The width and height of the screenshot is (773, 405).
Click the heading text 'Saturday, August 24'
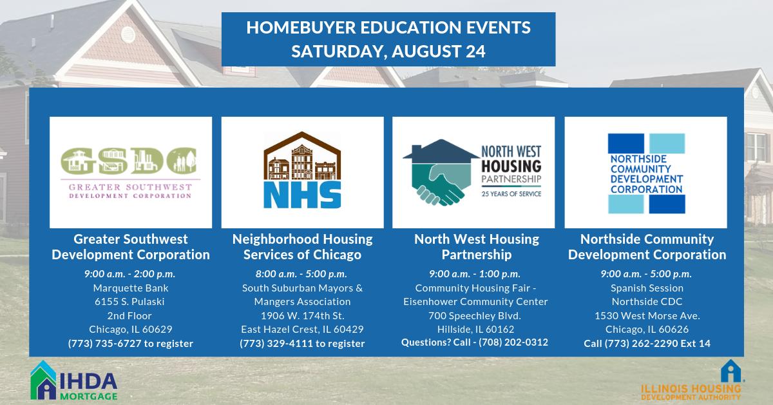[x=388, y=51]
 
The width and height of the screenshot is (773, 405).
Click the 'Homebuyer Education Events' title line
[x=388, y=28]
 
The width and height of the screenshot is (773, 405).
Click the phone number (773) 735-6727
[x=105, y=343]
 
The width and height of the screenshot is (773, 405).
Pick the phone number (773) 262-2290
[x=634, y=343]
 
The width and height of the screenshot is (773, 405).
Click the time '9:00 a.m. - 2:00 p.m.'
[x=130, y=273]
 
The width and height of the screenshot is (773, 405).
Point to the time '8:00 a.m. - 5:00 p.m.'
[x=302, y=273]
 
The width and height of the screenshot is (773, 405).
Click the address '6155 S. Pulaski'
[x=130, y=301]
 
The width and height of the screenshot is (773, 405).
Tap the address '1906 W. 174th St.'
[x=302, y=315]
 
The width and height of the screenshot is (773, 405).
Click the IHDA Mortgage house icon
[x=43, y=380]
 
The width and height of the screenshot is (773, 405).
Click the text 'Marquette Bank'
[x=130, y=288]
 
